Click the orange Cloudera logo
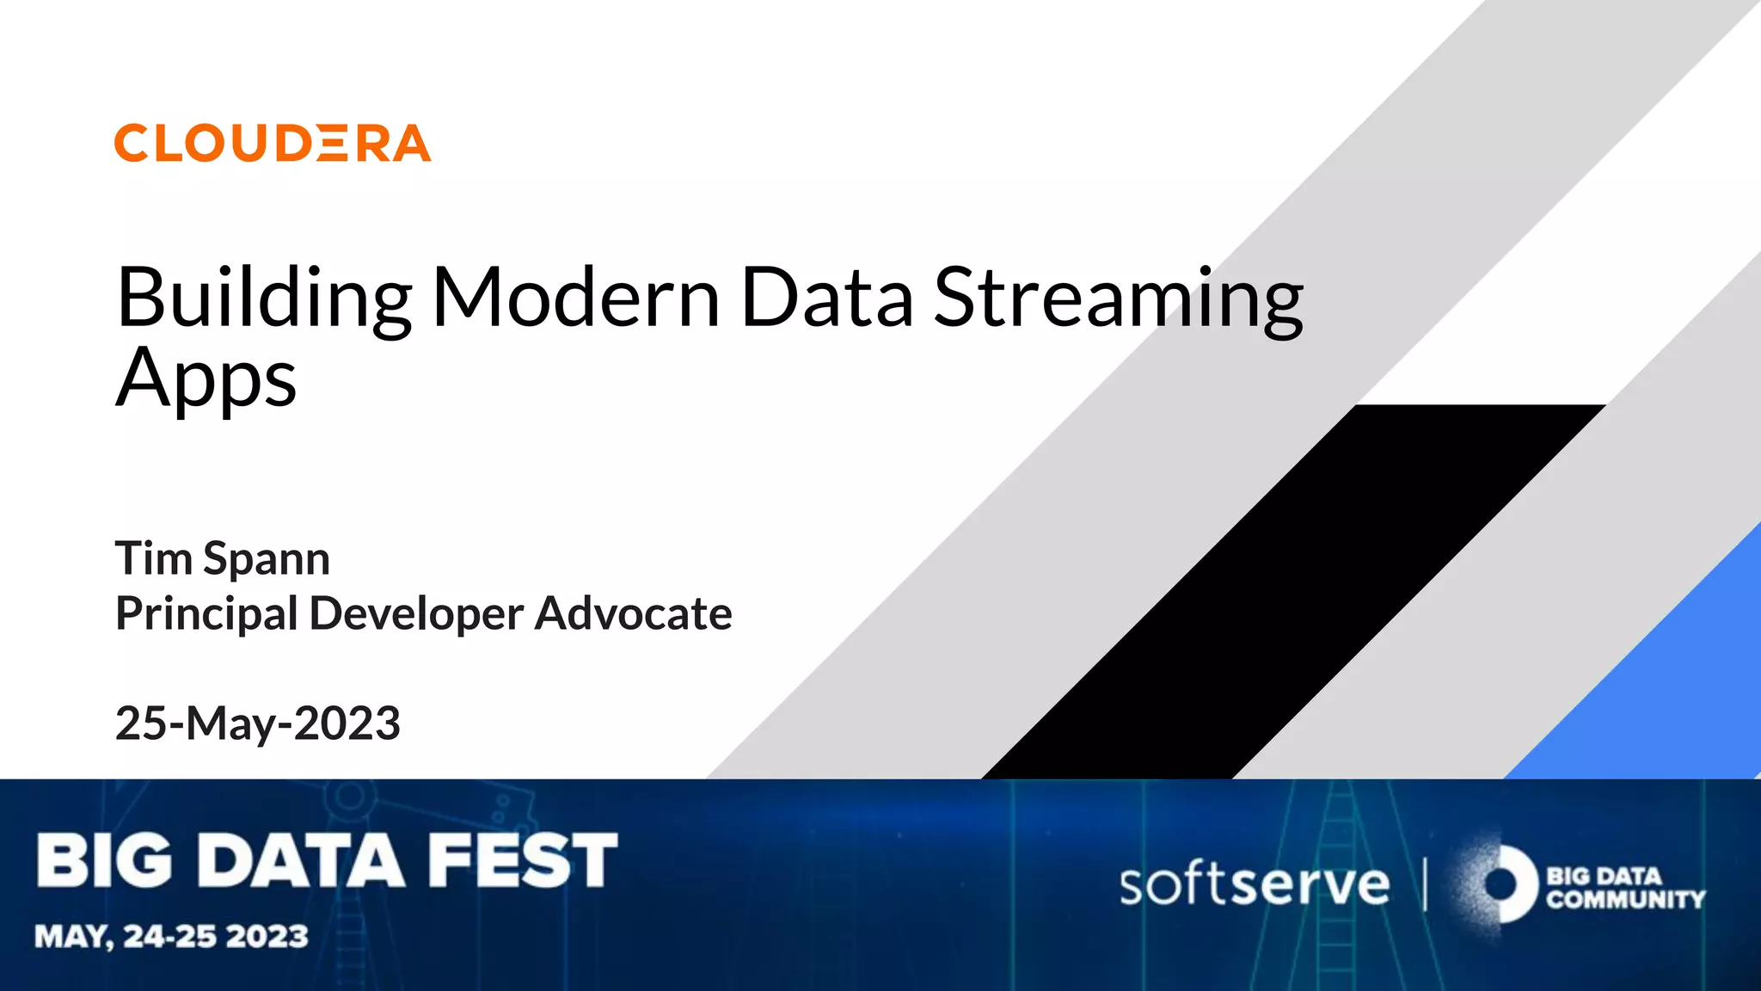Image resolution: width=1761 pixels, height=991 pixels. click(x=273, y=143)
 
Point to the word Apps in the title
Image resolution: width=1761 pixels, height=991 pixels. click(x=206, y=379)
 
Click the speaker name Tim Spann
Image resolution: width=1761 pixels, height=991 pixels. click(x=223, y=558)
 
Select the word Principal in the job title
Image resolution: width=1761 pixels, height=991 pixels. click(x=206, y=614)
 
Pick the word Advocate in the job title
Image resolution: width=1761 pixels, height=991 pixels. click(x=633, y=614)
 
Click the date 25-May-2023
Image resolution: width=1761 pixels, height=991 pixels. click(x=258, y=723)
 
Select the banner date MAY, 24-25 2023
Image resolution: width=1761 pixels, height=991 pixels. click(x=171, y=936)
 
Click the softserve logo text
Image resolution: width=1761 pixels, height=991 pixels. click(x=1254, y=884)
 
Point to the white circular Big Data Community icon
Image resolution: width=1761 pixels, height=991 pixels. click(x=1503, y=884)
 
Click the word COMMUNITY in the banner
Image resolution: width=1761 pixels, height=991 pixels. click(x=1625, y=900)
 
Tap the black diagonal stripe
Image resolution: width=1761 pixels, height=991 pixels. click(x=1290, y=594)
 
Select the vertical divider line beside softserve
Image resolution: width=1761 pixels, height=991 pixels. click(x=1425, y=884)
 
